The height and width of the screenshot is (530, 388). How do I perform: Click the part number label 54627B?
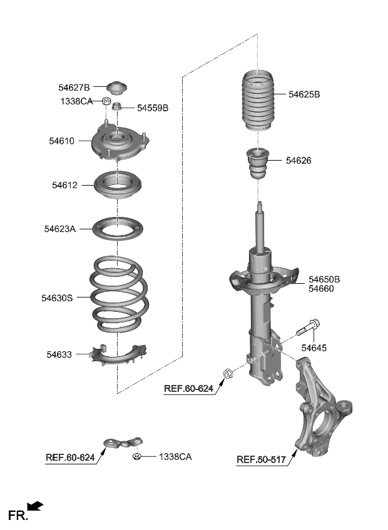[74, 87]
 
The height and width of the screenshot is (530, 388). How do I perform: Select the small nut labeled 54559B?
[117, 107]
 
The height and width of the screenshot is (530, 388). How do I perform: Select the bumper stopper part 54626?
[259, 163]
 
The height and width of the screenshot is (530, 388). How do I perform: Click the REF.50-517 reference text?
[261, 460]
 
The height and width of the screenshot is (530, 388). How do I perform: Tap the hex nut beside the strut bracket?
[228, 374]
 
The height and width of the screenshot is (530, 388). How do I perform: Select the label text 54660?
[321, 289]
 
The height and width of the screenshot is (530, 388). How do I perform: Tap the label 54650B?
[324, 279]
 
